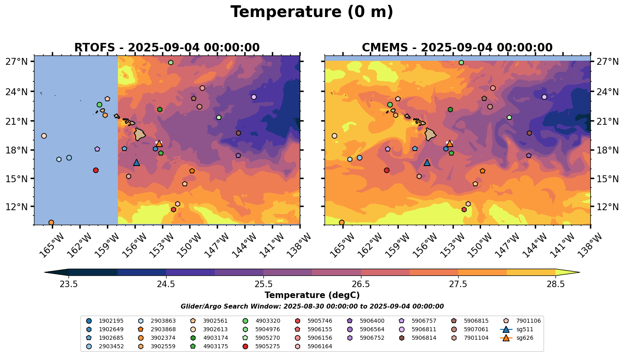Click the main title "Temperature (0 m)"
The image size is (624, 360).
(312, 12)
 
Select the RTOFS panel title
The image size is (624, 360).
(167, 47)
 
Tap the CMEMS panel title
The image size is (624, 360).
(457, 47)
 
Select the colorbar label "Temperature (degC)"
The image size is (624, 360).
(312, 295)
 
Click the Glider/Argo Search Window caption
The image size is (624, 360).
(312, 307)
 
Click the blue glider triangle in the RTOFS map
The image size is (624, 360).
(137, 163)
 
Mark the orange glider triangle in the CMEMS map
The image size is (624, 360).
(449, 144)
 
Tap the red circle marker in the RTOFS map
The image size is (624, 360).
(96, 170)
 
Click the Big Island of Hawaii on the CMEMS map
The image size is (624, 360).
(430, 134)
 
